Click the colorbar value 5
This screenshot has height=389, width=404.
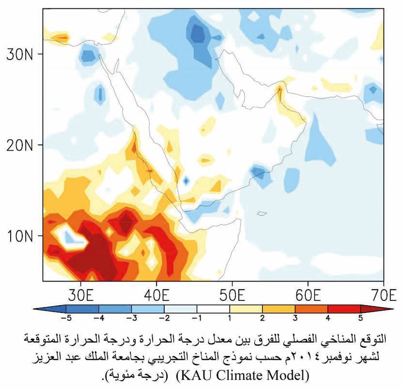[360, 318]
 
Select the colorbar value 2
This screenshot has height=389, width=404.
[262, 318]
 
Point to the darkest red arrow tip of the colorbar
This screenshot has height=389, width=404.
[386, 309]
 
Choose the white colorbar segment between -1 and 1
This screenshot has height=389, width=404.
[213, 309]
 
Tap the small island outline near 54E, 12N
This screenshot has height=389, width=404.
[261, 213]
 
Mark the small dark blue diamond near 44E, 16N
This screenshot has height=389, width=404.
[186, 181]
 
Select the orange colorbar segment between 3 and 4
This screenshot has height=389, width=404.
[311, 309]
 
